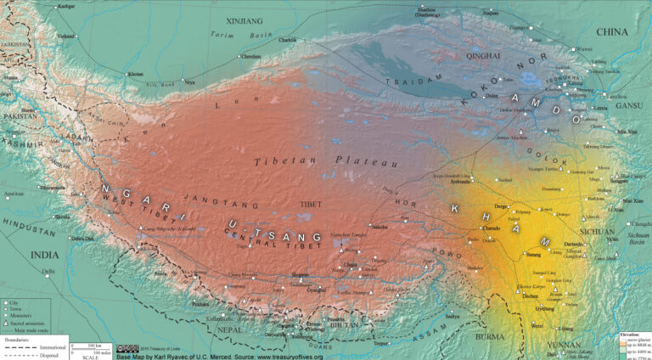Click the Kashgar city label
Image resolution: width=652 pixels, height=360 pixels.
64,6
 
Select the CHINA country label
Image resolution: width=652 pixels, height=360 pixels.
611,32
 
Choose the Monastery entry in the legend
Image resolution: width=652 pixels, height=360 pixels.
25,317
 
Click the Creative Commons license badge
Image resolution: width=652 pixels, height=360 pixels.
126,347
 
